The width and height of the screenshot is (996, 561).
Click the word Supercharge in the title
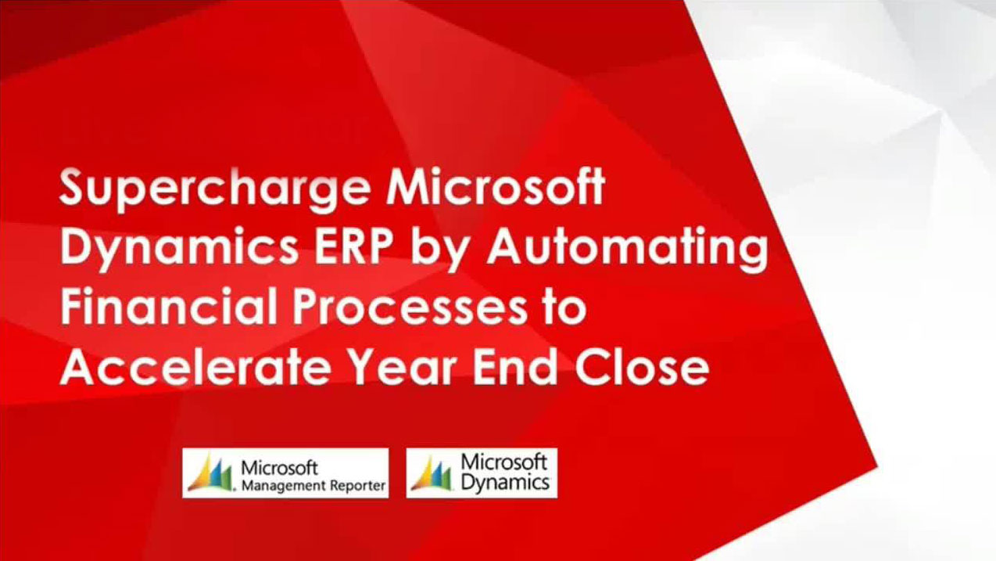click(215, 190)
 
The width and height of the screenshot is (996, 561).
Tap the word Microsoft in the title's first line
click(496, 187)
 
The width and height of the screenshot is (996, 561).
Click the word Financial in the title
click(169, 307)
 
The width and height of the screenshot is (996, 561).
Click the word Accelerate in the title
click(195, 368)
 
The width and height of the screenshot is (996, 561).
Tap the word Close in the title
click(642, 368)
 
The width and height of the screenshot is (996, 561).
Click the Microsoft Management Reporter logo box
click(285, 473)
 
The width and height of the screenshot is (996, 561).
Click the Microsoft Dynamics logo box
click(482, 473)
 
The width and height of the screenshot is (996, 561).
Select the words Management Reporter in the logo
click(313, 486)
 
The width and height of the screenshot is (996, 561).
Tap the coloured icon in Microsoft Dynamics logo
click(432, 473)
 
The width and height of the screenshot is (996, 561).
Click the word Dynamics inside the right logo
click(505, 483)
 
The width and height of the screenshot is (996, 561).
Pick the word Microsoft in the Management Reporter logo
click(279, 468)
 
